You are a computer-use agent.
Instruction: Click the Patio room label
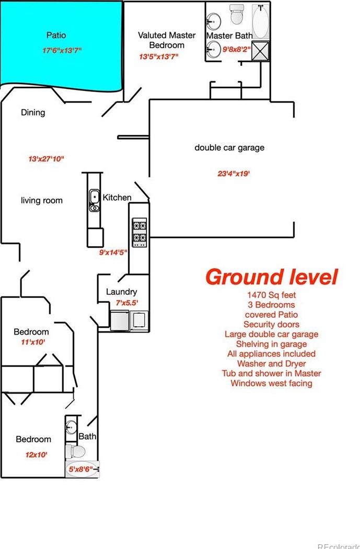(x=56, y=35)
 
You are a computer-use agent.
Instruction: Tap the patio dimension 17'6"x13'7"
(x=62, y=51)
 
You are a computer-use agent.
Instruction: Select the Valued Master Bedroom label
(x=167, y=40)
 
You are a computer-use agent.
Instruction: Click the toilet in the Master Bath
(x=237, y=15)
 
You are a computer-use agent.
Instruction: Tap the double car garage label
(x=229, y=147)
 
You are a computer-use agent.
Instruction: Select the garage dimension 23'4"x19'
(x=234, y=174)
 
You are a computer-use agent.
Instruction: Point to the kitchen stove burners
(x=140, y=232)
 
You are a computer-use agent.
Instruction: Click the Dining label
(x=33, y=112)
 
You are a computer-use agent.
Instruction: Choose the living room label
(x=42, y=200)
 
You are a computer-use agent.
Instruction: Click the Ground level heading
(x=271, y=277)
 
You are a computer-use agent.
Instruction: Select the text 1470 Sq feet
(x=271, y=295)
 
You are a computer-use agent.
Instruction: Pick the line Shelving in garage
(x=271, y=344)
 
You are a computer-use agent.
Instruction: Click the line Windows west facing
(x=271, y=383)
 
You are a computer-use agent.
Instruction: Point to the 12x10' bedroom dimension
(x=37, y=455)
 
